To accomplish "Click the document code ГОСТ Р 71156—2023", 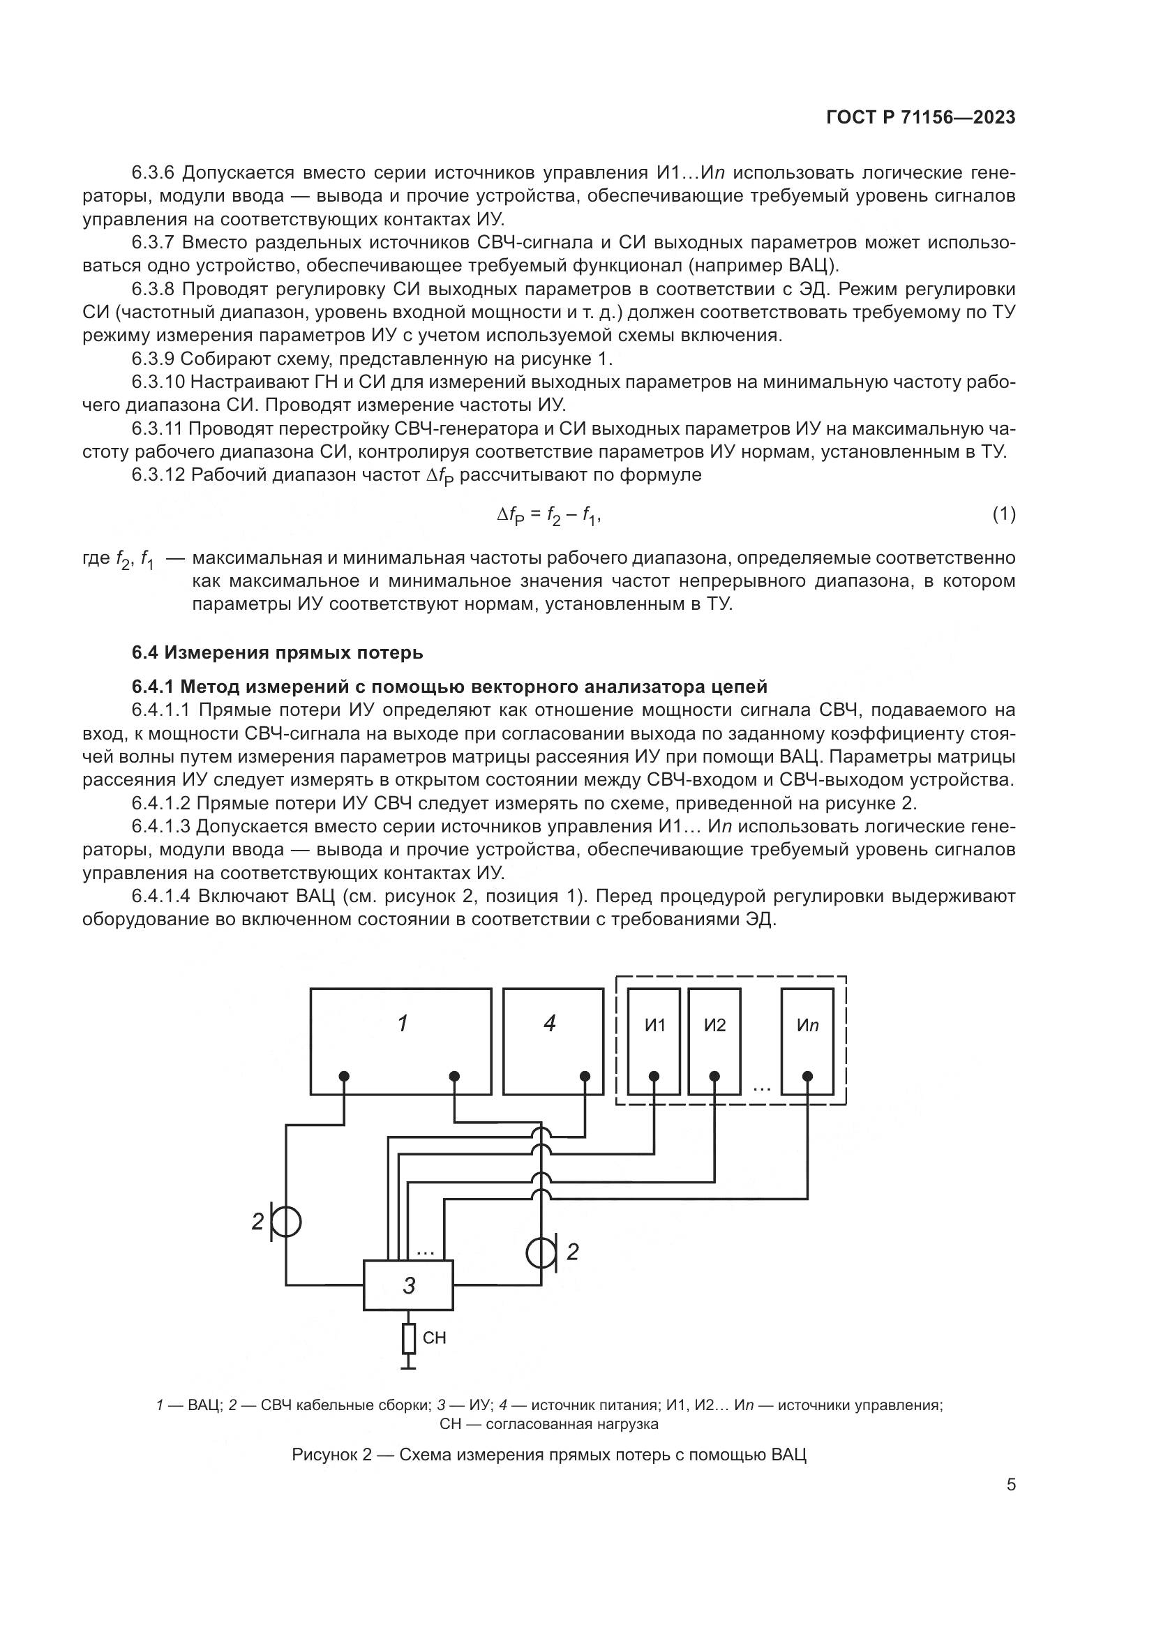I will (921, 118).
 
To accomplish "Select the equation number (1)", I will (1003, 514).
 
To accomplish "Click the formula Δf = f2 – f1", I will (548, 517).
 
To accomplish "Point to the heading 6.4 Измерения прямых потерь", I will (277, 652).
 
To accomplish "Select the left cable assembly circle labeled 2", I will (286, 1222).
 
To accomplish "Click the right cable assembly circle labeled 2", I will (541, 1252).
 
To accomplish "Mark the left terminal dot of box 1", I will (344, 1076).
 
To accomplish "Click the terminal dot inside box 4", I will (585, 1076).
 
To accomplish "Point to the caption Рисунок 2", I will (548, 1455).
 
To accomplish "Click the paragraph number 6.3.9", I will (153, 359).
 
